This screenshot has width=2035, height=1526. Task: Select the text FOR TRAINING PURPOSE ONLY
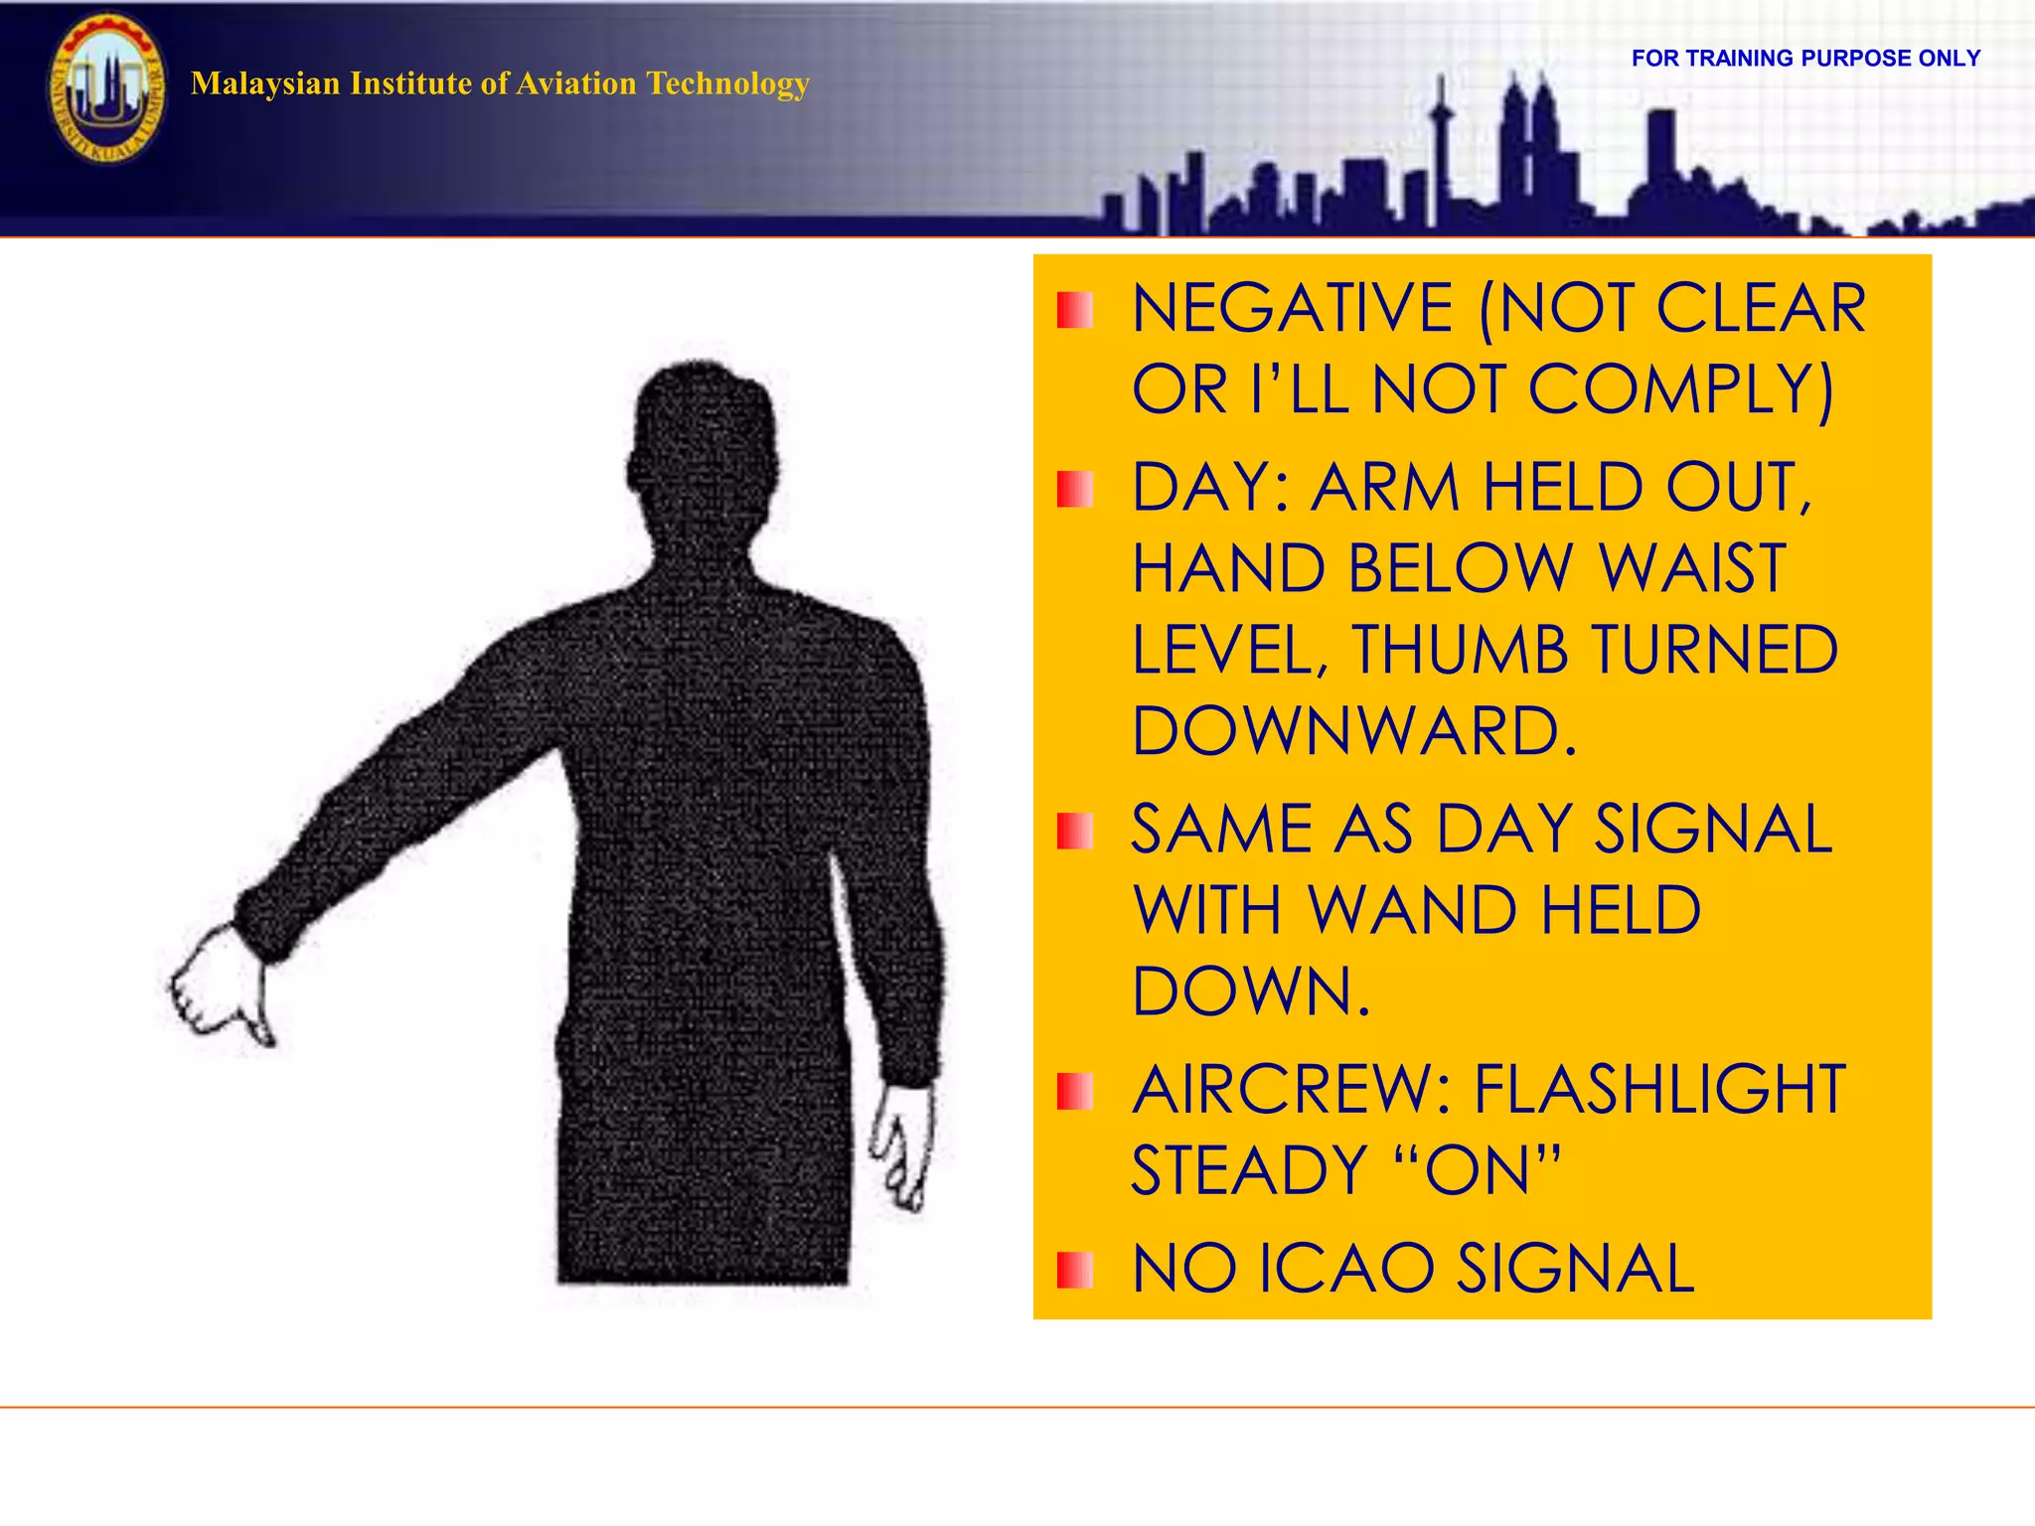[1805, 59]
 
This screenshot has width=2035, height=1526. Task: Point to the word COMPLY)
[1680, 389]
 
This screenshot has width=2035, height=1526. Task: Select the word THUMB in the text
[1460, 651]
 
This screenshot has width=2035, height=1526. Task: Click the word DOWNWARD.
[1354, 732]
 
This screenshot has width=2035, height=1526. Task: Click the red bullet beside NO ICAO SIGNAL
[1074, 1269]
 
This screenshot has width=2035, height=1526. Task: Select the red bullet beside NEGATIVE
[1074, 310]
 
